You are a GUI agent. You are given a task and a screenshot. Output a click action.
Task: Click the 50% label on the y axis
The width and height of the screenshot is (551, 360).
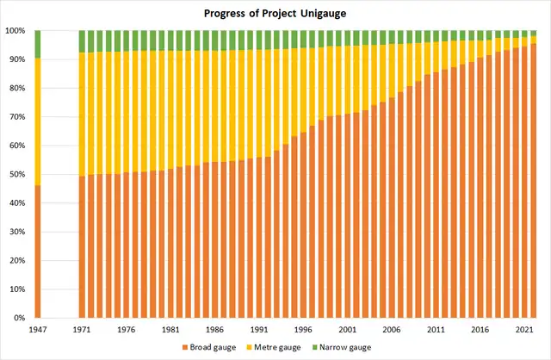tap(17, 175)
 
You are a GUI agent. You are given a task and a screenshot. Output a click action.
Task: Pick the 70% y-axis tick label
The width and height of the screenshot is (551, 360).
tap(17, 117)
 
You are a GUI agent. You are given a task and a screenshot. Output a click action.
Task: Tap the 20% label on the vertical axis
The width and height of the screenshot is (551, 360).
tap(17, 261)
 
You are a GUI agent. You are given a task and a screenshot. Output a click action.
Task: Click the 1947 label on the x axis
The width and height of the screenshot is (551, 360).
tap(37, 329)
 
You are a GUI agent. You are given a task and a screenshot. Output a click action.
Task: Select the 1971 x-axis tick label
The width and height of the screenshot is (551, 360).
tap(82, 329)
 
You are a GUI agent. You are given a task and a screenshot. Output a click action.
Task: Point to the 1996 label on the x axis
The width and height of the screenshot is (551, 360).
tap(302, 329)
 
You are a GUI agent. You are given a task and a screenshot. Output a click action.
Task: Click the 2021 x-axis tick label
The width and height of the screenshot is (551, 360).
tap(523, 329)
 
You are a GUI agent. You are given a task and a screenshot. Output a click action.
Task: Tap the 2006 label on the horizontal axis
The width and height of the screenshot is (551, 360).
tap(391, 329)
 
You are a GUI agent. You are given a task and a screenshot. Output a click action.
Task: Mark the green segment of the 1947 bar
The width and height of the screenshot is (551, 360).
tap(37, 44)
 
